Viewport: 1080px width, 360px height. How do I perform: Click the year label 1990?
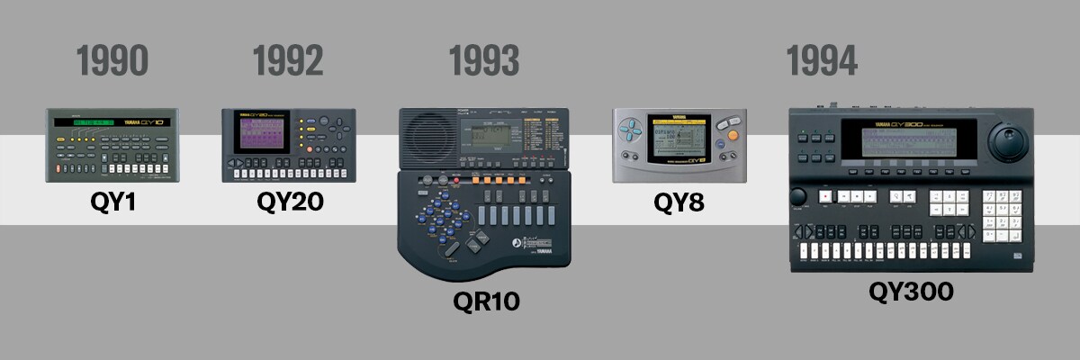pyautogui.click(x=112, y=61)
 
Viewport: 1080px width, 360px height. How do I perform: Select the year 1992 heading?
pyautogui.click(x=288, y=61)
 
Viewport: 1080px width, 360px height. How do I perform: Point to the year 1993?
pyautogui.click(x=484, y=61)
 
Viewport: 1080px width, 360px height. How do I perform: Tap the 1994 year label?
pyautogui.click(x=822, y=61)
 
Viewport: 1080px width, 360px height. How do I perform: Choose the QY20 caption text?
pyautogui.click(x=290, y=202)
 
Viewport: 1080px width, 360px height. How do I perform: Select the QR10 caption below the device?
pyautogui.click(x=486, y=300)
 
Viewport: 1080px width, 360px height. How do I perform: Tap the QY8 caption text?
pyautogui.click(x=679, y=203)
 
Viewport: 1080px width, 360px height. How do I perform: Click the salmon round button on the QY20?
pyautogui.click(x=310, y=149)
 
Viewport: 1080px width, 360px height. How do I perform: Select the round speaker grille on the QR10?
pyautogui.click(x=428, y=139)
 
